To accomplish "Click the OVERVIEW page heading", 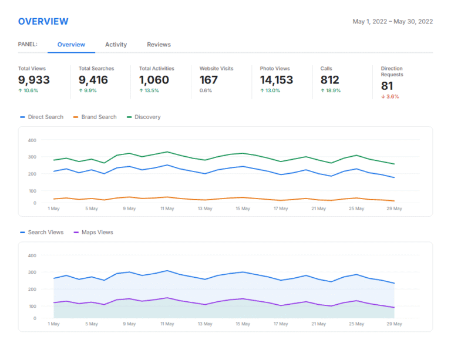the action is coord(43,22).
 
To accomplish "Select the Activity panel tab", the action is coord(116,45).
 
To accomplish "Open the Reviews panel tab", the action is coord(159,45).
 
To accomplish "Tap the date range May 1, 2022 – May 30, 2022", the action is coord(393,22).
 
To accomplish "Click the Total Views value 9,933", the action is coord(34,80).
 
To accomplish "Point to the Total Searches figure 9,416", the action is coord(93,80).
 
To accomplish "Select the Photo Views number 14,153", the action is coord(277,80).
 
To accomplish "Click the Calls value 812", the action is coord(330,80).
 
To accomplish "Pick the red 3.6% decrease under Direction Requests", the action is coord(390,97).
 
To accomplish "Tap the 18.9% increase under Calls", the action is coord(331,90).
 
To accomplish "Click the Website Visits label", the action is coord(216,69).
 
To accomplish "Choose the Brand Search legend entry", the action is coord(95,117).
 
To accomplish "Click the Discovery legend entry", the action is coord(144,117).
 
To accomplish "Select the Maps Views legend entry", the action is coord(93,233).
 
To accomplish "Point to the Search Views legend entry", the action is coord(42,233).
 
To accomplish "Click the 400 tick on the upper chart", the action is coord(32,140).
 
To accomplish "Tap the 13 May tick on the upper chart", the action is coord(205,208).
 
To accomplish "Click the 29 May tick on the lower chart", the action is coord(394,324).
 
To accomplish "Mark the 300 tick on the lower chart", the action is coord(32,272).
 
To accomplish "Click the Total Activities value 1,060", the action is coord(154,80).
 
